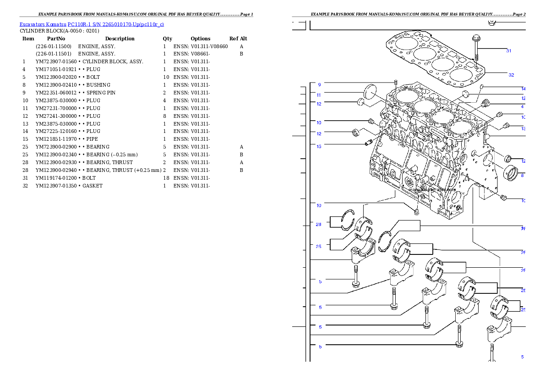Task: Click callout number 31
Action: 509,50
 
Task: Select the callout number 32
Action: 511,74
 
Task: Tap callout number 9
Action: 319,84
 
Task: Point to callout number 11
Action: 319,95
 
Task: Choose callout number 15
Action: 319,146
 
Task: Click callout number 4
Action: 523,107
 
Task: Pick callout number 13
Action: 523,128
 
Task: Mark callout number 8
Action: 523,175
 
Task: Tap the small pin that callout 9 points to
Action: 396,83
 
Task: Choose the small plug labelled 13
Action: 507,125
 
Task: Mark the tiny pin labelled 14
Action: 482,87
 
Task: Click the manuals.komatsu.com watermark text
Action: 431,189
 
